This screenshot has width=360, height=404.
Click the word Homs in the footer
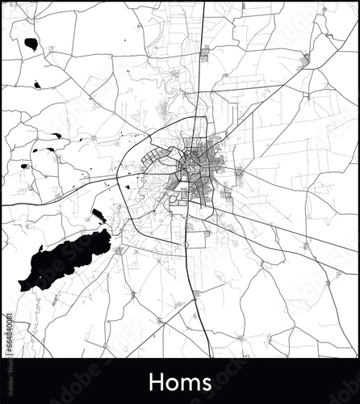(x=180, y=381)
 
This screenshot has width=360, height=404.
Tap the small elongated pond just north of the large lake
(x=98, y=214)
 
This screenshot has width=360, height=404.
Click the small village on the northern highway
(x=204, y=53)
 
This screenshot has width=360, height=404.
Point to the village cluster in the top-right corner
(x=307, y=59)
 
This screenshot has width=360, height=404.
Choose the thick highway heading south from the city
(x=190, y=267)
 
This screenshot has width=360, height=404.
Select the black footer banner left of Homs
(x=73, y=381)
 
